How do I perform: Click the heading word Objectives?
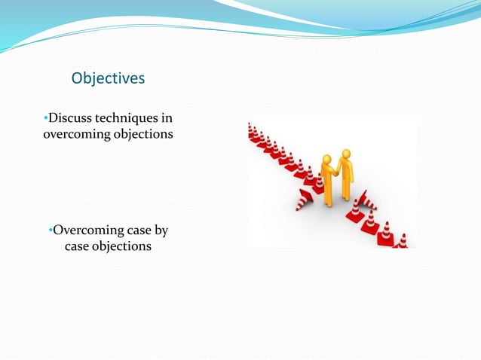pyautogui.click(x=108, y=78)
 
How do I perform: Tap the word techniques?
pyautogui.click(x=127, y=118)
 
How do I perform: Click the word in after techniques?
pyautogui.click(x=167, y=118)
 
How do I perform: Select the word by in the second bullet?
pyautogui.click(x=161, y=230)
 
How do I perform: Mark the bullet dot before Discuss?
pyautogui.click(x=45, y=118)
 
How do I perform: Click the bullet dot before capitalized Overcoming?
pyautogui.click(x=50, y=230)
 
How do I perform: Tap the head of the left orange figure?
pyautogui.click(x=326, y=160)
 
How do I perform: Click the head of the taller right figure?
pyautogui.click(x=345, y=153)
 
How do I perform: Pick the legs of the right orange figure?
pyautogui.click(x=347, y=188)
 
